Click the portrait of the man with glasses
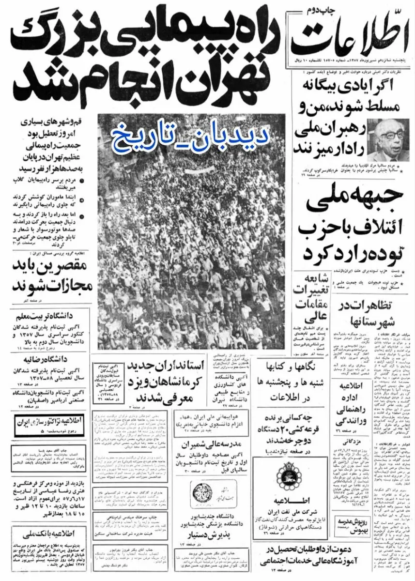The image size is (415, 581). [x=388, y=140]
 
